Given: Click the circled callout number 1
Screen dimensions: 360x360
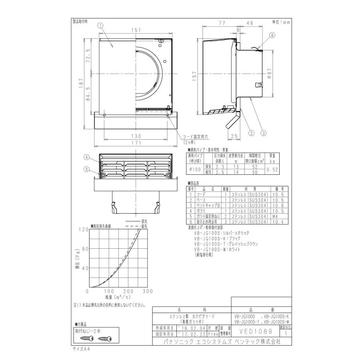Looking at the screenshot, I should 100,25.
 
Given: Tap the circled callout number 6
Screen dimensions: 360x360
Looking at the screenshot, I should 272,35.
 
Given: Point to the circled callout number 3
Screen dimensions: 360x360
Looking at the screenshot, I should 264,133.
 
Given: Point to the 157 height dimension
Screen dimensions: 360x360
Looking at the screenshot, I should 195,78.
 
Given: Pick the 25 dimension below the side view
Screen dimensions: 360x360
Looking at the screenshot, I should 234,136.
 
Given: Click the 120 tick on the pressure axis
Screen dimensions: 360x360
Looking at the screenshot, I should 83,229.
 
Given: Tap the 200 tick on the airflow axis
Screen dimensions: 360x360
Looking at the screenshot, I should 128,291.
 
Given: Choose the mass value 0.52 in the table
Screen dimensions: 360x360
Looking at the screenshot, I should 272,170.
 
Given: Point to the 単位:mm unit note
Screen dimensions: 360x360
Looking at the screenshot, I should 281,22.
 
